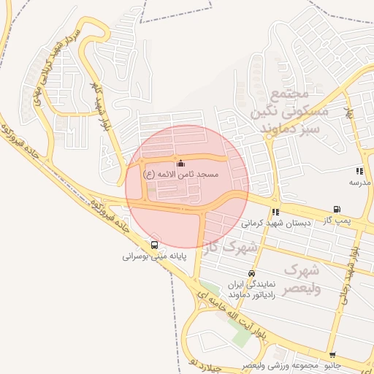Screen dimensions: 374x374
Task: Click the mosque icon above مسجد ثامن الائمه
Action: [x=180, y=163]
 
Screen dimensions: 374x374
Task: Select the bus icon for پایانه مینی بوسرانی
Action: [x=154, y=245]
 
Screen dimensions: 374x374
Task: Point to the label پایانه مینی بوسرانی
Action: [x=155, y=257]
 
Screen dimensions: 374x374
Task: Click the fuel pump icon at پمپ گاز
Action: [x=337, y=209]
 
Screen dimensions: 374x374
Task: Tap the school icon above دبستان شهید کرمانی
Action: [x=275, y=211]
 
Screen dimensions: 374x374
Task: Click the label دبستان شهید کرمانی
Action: [x=277, y=222]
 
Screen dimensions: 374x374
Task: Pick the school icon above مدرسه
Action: [x=359, y=171]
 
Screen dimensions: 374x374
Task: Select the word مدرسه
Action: [x=359, y=182]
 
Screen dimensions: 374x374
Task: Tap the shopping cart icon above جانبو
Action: [x=332, y=354]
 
